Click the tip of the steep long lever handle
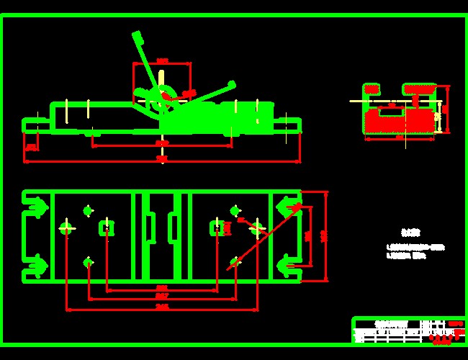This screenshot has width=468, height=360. tap(135, 34)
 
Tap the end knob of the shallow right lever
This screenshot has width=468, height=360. tap(232, 84)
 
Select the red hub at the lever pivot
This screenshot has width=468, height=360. tap(167, 95)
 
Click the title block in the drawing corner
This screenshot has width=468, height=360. tap(408, 330)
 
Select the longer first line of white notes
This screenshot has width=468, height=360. tap(416, 247)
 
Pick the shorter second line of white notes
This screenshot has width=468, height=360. tap(408, 255)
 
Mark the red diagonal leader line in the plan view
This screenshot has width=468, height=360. tap(263, 238)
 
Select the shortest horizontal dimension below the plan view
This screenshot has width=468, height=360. tap(162, 289)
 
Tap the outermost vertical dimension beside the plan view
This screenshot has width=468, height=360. tap(325, 235)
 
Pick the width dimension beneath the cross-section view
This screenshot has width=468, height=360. tap(400, 138)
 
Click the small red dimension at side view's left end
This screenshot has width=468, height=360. tap(31, 148)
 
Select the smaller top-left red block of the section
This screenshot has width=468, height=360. tap(372, 89)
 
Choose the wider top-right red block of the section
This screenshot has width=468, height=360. tap(420, 89)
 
